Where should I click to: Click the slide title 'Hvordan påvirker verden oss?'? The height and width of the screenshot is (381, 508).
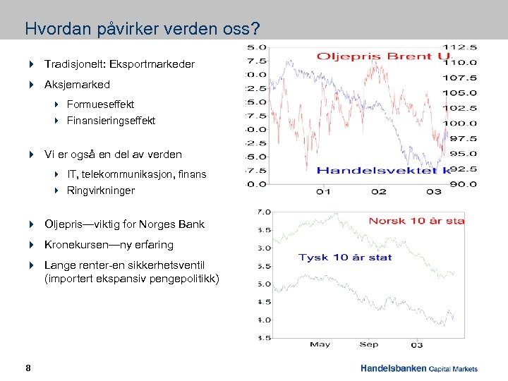click(142, 30)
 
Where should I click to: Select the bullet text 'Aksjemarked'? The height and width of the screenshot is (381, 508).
click(77, 85)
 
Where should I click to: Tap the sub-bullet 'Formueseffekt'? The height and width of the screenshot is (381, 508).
click(100, 104)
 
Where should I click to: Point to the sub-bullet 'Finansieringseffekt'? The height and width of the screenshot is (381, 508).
click(111, 121)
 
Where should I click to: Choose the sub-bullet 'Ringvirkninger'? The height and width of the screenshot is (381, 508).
click(100, 190)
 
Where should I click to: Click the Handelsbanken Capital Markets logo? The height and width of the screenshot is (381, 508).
click(418, 368)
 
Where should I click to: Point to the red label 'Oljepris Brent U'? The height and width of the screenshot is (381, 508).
click(383, 56)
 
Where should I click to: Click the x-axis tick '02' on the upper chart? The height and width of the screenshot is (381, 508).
click(379, 191)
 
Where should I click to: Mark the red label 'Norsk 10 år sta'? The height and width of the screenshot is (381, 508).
click(416, 221)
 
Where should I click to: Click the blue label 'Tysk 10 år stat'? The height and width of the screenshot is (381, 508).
click(344, 257)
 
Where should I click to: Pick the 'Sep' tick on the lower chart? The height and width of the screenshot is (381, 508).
click(368, 344)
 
